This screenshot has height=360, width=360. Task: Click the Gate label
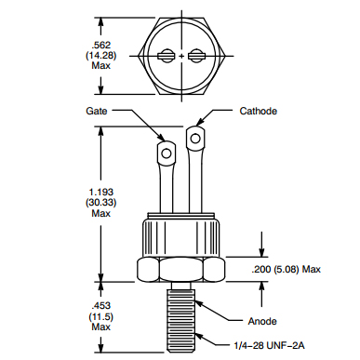pyautogui.click(x=97, y=111)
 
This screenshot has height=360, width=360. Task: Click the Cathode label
pyautogui.click(x=259, y=111)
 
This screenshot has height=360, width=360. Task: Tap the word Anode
pyautogui.click(x=262, y=321)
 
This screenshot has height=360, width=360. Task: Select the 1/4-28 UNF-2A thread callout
pyautogui.click(x=269, y=345)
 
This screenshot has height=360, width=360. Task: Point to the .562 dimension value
pyautogui.click(x=101, y=45)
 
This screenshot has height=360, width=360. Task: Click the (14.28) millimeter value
pyautogui.click(x=101, y=56)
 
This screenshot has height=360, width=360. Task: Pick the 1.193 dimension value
pyautogui.click(x=101, y=192)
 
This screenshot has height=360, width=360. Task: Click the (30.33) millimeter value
pyautogui.click(x=101, y=203)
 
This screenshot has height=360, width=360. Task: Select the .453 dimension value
pyautogui.click(x=101, y=306)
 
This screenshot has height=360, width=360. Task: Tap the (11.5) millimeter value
pyautogui.click(x=101, y=317)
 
